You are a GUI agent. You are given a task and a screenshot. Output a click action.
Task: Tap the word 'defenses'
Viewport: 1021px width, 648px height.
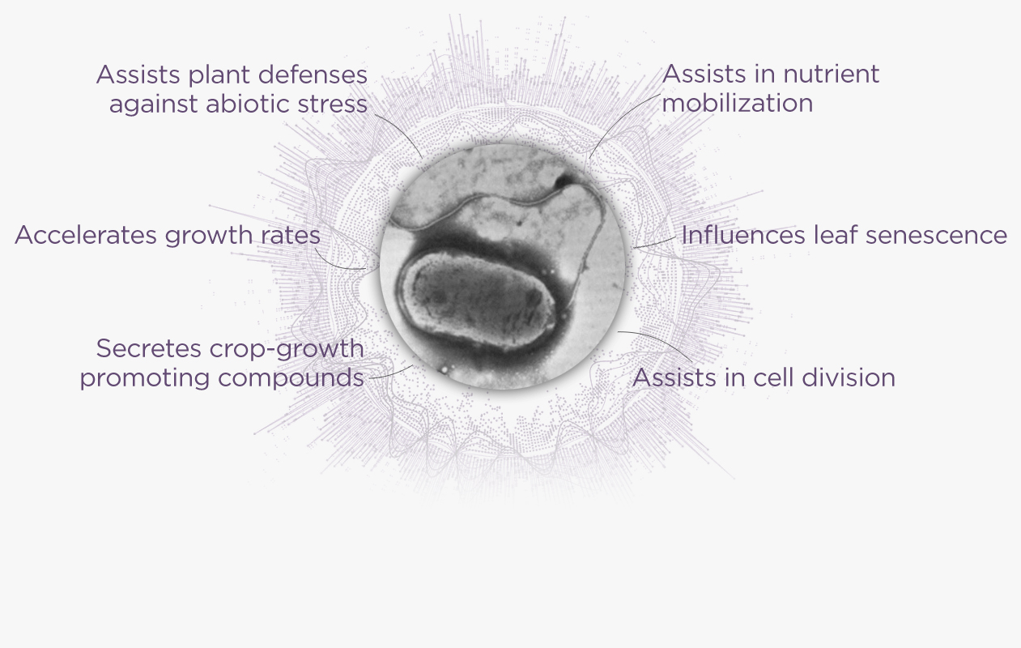pos(313,75)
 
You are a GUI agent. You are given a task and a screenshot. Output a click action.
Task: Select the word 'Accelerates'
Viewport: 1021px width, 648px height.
pos(85,235)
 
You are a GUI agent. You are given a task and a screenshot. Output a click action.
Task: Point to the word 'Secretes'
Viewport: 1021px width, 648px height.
pos(149,348)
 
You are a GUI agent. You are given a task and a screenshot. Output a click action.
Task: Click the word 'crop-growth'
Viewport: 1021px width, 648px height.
pos(287,349)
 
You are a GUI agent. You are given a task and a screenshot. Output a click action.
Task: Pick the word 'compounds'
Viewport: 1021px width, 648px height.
pos(291,377)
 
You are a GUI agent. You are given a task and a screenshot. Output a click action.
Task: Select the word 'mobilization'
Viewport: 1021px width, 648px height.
pos(738,103)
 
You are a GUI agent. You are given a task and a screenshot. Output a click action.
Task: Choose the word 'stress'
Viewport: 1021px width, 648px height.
pos(333,104)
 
